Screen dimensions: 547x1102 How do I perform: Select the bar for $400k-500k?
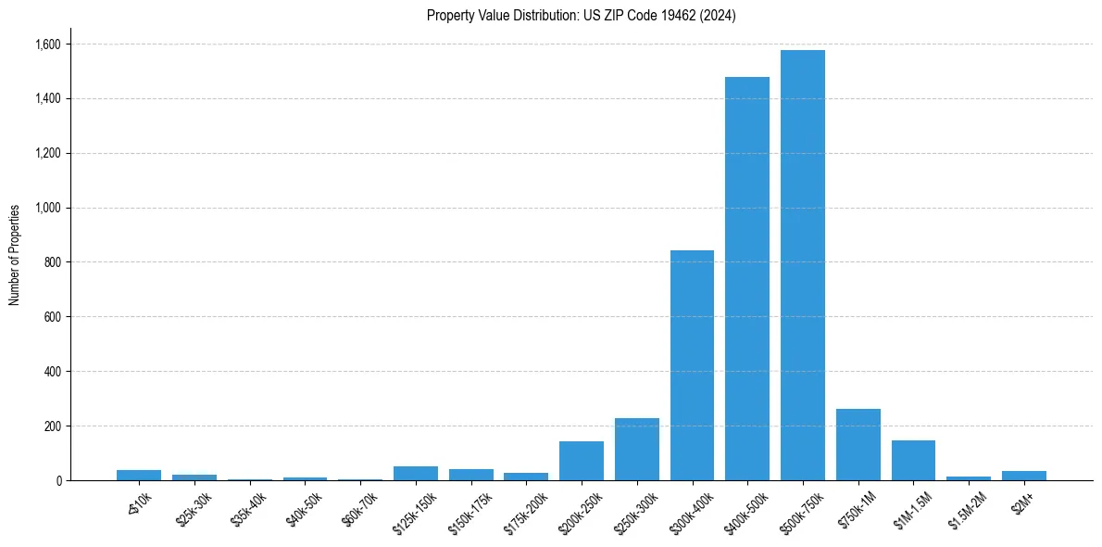(x=747, y=278)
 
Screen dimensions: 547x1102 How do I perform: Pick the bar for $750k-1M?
(x=858, y=445)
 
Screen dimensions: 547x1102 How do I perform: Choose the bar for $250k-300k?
(x=636, y=450)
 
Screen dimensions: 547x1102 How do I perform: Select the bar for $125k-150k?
(x=416, y=474)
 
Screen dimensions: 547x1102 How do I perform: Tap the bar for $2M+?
(x=1023, y=476)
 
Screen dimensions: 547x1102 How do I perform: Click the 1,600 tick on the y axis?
(x=48, y=45)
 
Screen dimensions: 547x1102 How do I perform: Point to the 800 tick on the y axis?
(x=52, y=262)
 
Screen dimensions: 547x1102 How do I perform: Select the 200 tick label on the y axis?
(x=52, y=426)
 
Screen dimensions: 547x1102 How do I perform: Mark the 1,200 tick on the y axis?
(x=48, y=153)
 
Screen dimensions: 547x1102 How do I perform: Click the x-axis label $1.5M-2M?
(x=968, y=509)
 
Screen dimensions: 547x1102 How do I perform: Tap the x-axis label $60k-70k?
(x=360, y=507)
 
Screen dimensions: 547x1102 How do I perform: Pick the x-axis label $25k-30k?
(x=194, y=507)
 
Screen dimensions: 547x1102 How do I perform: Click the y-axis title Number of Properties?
(x=15, y=255)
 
